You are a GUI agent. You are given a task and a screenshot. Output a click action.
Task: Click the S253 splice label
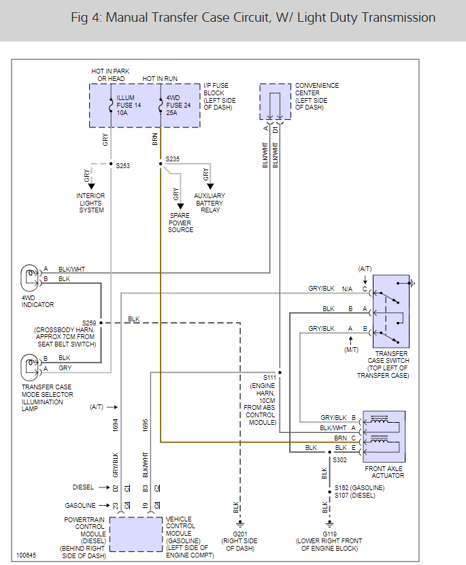click(124, 165)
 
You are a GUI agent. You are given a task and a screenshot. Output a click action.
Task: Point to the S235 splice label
click(173, 159)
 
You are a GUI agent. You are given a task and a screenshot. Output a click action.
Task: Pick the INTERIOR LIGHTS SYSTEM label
click(90, 203)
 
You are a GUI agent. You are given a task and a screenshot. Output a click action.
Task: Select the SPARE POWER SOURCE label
click(180, 223)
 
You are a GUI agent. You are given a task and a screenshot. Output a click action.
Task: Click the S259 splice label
click(89, 323)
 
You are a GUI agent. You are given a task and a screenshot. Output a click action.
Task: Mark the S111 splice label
click(271, 377)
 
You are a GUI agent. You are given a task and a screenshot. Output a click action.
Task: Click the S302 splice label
click(342, 459)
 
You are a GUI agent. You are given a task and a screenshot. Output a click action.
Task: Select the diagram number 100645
click(27, 555)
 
